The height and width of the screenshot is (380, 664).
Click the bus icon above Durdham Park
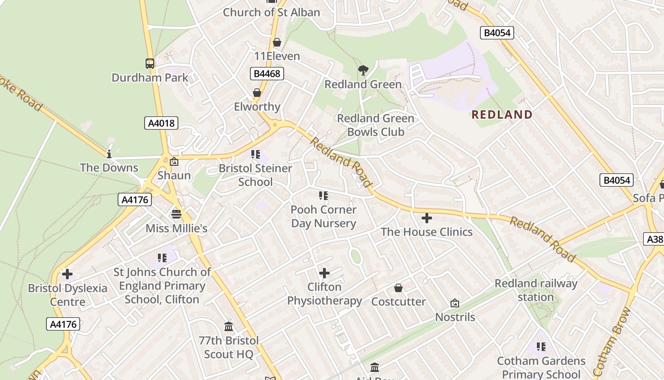[150, 63]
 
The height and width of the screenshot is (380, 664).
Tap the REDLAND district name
[502, 114]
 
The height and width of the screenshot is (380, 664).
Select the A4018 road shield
[161, 123]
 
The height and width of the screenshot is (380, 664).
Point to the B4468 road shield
[267, 74]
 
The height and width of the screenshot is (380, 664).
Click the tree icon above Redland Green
[363, 71]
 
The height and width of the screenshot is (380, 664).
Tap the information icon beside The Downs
[109, 154]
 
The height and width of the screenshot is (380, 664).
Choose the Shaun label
[174, 175]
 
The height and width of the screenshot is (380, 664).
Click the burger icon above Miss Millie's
[176, 214]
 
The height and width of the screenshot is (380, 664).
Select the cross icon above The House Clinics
[427, 218]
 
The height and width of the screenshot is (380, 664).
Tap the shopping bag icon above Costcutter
[398, 288]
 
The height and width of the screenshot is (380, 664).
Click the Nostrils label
[455, 317]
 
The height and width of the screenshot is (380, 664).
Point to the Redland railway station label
[536, 290]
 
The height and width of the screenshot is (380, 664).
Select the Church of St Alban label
[271, 12]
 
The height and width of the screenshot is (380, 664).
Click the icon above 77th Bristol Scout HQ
[229, 326]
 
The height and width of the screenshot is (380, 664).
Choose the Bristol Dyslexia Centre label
[67, 294]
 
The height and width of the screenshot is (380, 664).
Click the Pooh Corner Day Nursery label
[323, 216]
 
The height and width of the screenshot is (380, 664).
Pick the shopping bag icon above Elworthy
[257, 93]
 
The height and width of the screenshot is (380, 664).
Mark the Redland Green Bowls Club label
[376, 125]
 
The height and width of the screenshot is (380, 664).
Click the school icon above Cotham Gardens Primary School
[541, 347]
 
